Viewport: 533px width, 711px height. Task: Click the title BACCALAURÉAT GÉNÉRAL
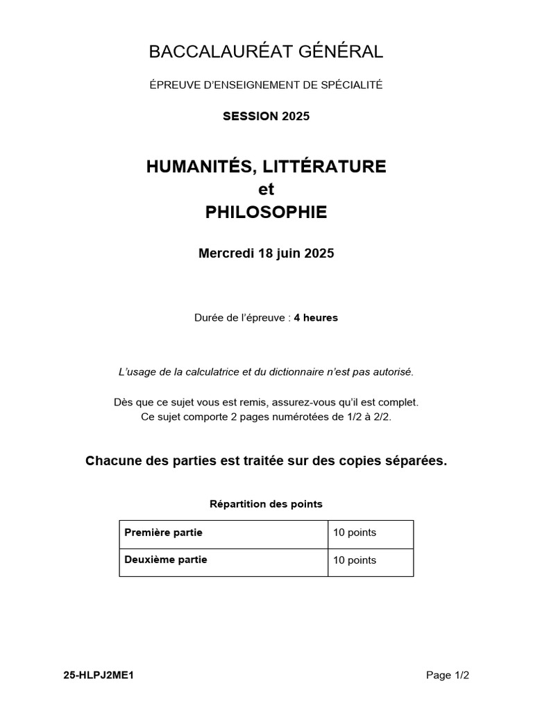(x=266, y=51)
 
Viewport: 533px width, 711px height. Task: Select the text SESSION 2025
(x=266, y=116)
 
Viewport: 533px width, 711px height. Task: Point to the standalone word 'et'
(x=266, y=190)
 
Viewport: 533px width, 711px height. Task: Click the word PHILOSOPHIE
(x=266, y=212)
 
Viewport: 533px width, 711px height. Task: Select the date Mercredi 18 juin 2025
(x=266, y=253)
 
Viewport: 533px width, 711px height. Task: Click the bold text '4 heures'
(x=316, y=318)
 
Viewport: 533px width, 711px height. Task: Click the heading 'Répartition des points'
(x=266, y=504)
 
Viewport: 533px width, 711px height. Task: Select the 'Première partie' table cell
(x=164, y=533)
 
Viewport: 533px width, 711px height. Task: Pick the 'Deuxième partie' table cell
(x=166, y=560)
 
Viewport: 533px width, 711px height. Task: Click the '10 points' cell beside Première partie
(x=355, y=533)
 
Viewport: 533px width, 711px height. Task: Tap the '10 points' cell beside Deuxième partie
(x=355, y=560)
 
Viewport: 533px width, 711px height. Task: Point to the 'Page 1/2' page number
(x=448, y=675)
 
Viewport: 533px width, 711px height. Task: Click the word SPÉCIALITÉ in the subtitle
(x=350, y=85)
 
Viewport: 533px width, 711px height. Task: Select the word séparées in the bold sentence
(x=417, y=461)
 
